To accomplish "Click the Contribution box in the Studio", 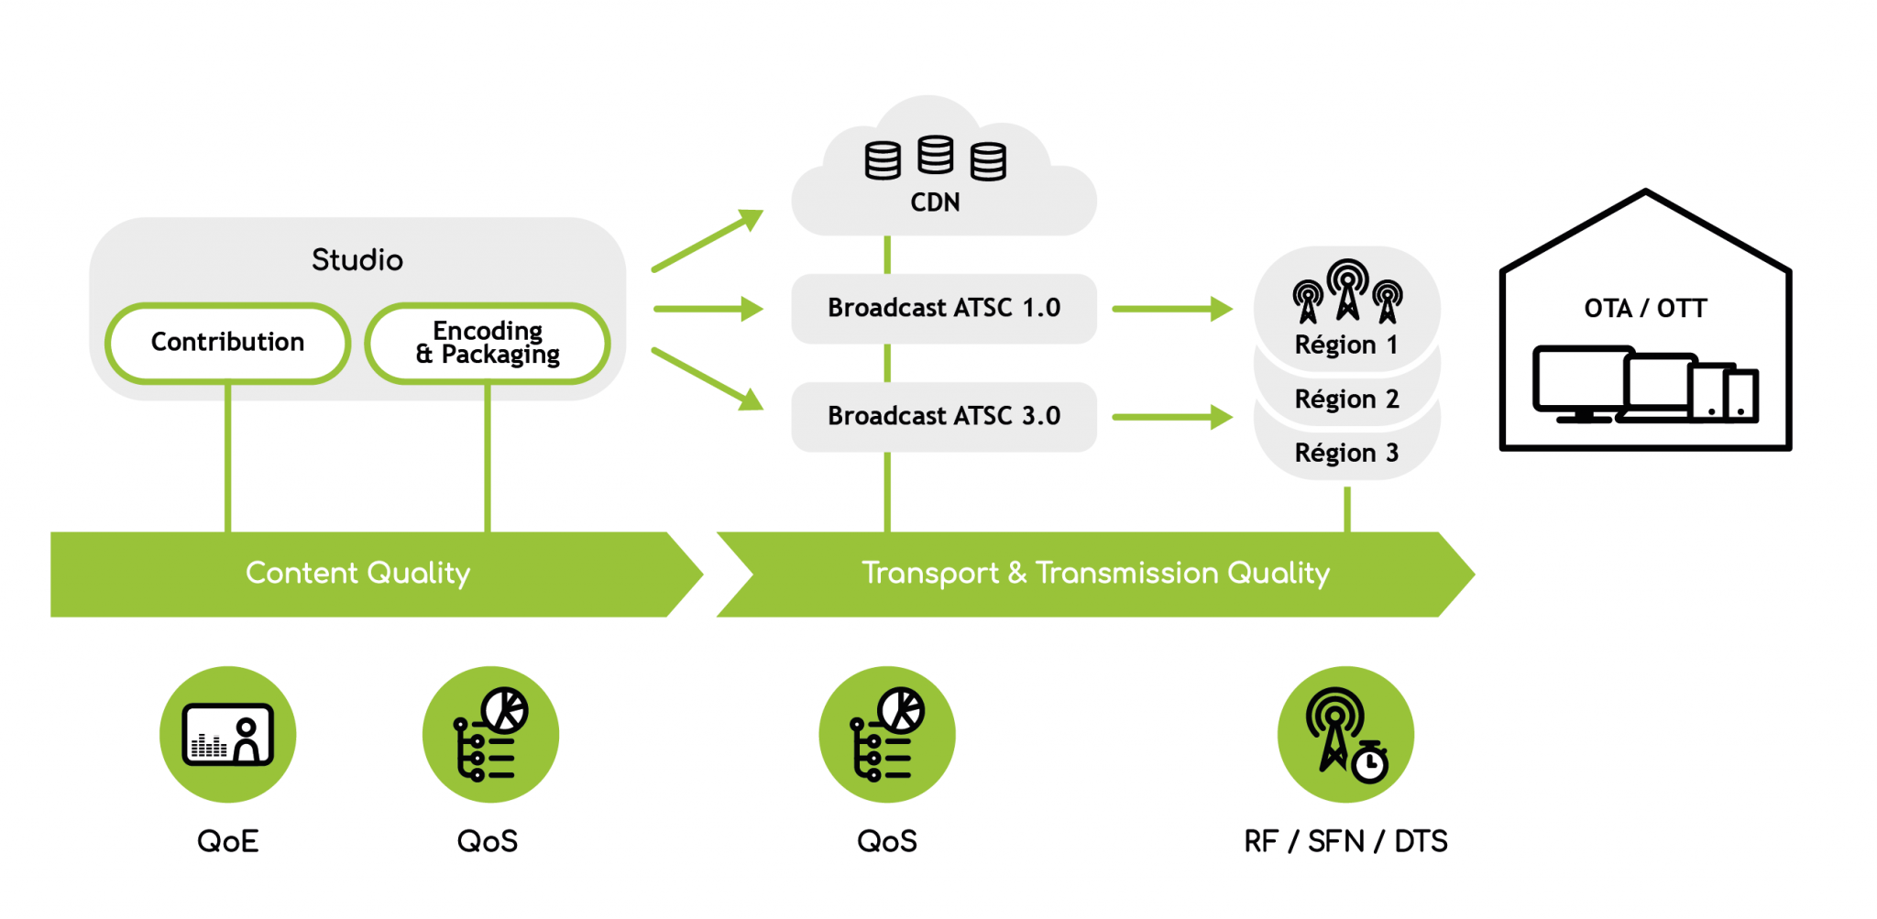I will tap(227, 343).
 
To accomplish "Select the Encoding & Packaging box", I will tap(487, 343).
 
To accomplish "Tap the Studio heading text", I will tap(357, 260).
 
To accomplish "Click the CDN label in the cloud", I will tap(934, 202).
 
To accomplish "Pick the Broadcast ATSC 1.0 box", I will tap(943, 309).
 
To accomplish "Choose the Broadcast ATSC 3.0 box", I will tap(943, 417).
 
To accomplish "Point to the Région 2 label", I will tap(1345, 399).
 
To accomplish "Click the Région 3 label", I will tap(1345, 454).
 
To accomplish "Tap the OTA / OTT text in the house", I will tap(1644, 309).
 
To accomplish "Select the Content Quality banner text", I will tap(357, 574).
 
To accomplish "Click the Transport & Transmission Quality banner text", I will tap(1094, 574).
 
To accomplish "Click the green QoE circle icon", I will tap(227, 735).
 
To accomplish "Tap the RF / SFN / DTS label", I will tap(1345, 841).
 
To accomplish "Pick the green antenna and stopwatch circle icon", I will tap(1345, 735).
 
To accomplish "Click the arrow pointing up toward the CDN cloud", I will tap(708, 241).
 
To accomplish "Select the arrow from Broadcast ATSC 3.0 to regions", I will tap(1172, 417).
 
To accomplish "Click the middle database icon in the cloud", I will tap(935, 155).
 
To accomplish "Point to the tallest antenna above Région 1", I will tap(1347, 288).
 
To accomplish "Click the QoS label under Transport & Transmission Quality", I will tap(886, 841).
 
